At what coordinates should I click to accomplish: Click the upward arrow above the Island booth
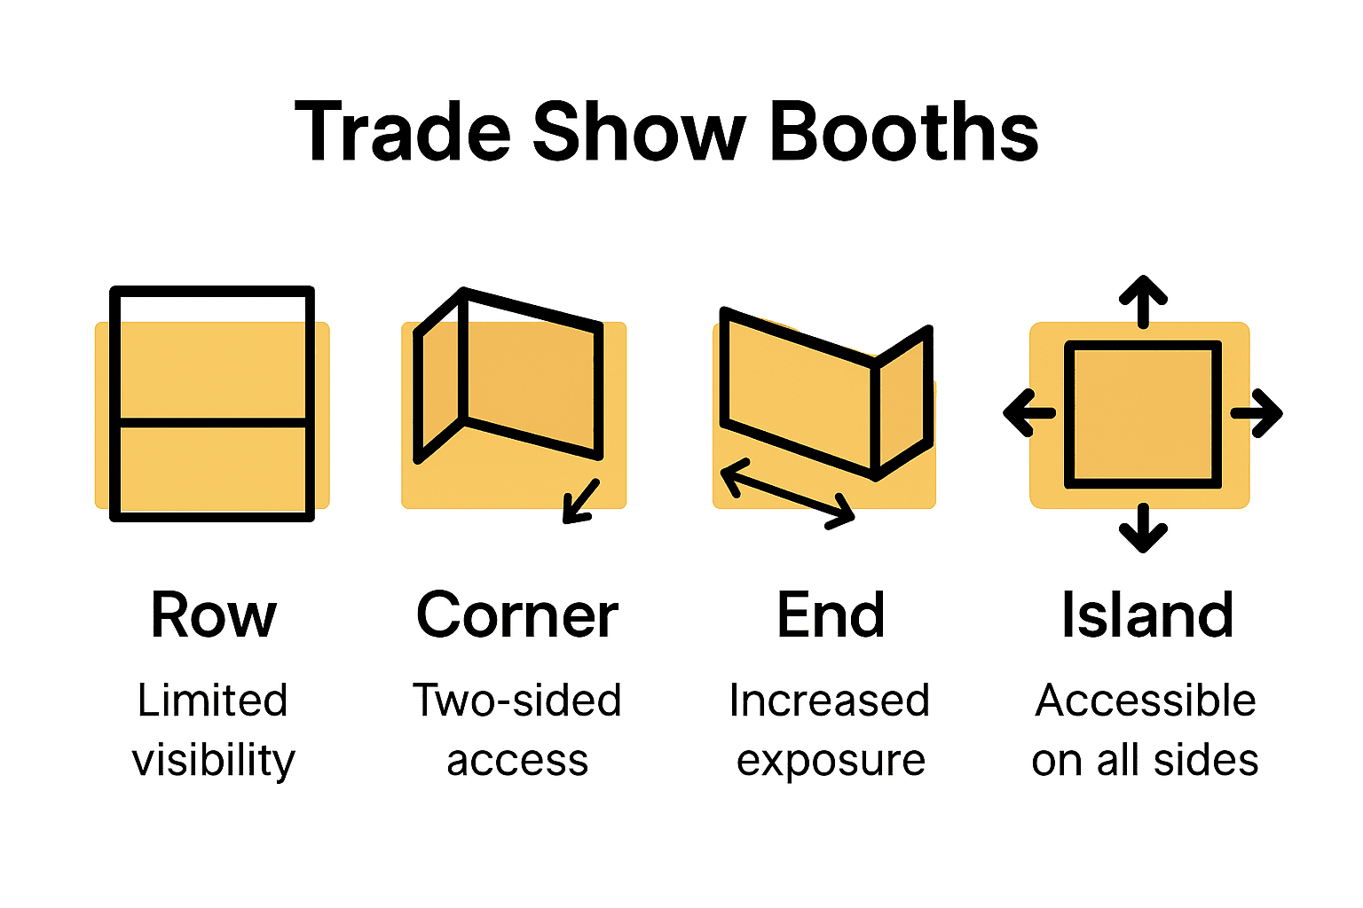pyautogui.click(x=1143, y=301)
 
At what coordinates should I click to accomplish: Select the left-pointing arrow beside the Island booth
pyautogui.click(x=1029, y=412)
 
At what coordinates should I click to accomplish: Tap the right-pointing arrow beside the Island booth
pyautogui.click(x=1257, y=412)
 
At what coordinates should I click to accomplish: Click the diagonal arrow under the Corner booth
pyautogui.click(x=581, y=501)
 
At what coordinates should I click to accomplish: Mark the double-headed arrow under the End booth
pyautogui.click(x=787, y=494)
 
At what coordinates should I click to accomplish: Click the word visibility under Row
pyautogui.click(x=213, y=761)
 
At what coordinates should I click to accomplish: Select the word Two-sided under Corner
pyautogui.click(x=516, y=701)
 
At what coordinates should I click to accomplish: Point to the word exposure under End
pyautogui.click(x=831, y=761)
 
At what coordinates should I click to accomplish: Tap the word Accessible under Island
pyautogui.click(x=1146, y=701)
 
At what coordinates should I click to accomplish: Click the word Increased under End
pyautogui.click(x=830, y=701)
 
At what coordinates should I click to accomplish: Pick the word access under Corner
pyautogui.click(x=516, y=761)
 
